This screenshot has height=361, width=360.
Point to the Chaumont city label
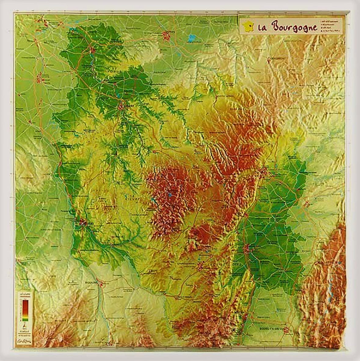[277, 58]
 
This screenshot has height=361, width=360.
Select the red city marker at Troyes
[167, 36]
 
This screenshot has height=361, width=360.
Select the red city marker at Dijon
[263, 173]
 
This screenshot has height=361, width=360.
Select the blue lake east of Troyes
[192, 38]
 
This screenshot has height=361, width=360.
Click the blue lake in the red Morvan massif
[169, 194]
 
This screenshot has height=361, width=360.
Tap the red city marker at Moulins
[101, 284]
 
